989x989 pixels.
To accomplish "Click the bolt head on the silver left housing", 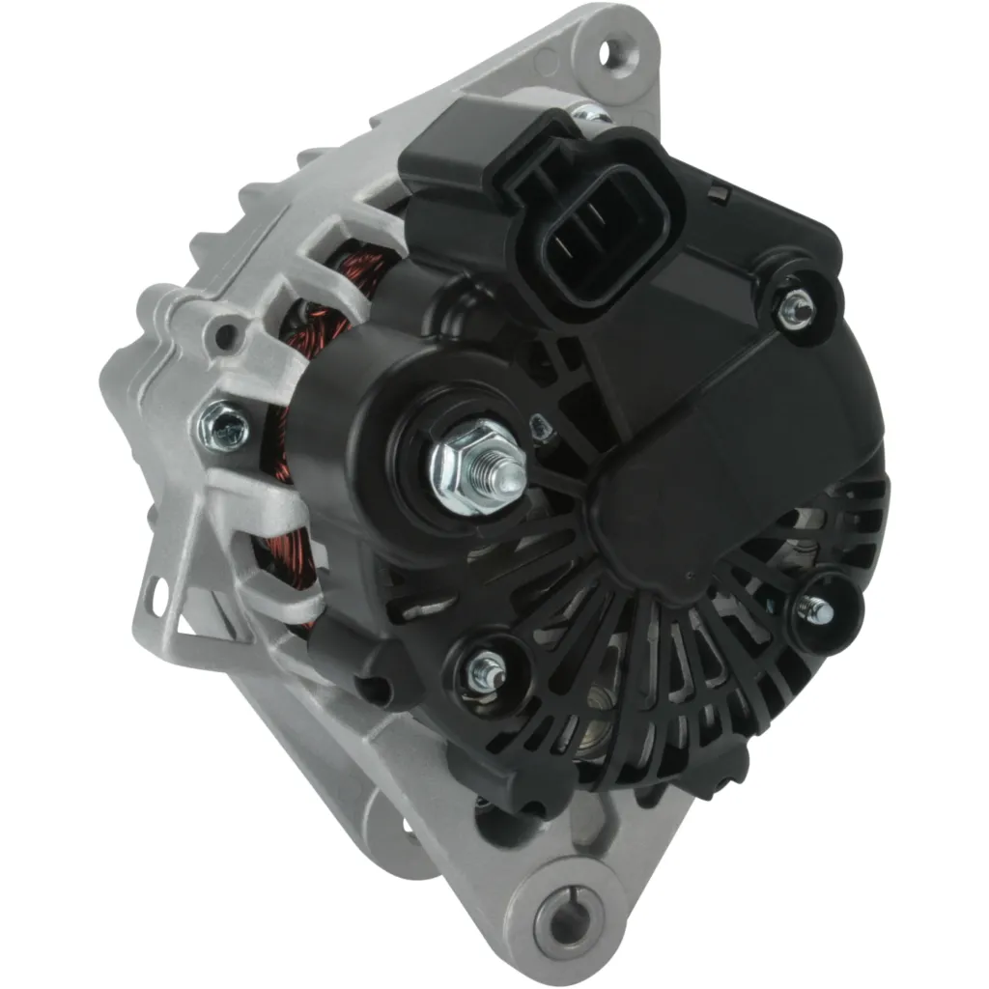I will point(223,426).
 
